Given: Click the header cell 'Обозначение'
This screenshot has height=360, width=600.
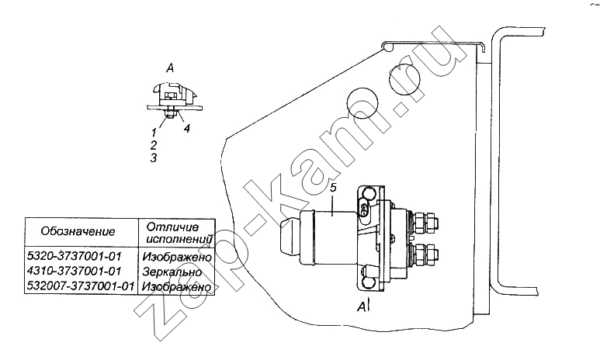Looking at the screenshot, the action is click(78, 231).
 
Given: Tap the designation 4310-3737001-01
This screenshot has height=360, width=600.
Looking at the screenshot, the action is click(74, 272).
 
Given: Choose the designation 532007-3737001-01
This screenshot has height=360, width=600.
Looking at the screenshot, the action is click(82, 286).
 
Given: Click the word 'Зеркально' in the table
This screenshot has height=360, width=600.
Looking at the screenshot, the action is click(172, 272).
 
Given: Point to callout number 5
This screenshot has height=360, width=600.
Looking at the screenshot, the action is click(333, 188).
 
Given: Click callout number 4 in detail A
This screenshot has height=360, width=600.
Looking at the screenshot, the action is click(187, 129).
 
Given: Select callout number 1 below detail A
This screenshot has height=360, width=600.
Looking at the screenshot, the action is click(154, 133).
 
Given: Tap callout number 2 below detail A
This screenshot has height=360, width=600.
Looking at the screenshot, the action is click(154, 145).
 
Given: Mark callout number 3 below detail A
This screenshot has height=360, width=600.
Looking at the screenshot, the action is click(154, 157).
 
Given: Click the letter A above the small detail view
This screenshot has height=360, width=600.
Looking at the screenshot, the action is click(170, 68).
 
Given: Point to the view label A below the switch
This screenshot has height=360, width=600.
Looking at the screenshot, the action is click(362, 306).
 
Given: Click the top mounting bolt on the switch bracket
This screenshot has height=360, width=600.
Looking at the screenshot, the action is click(368, 192).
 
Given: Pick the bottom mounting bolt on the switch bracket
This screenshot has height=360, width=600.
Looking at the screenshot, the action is click(368, 281).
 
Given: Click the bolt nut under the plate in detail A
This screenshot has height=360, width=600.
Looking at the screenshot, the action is click(169, 113).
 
